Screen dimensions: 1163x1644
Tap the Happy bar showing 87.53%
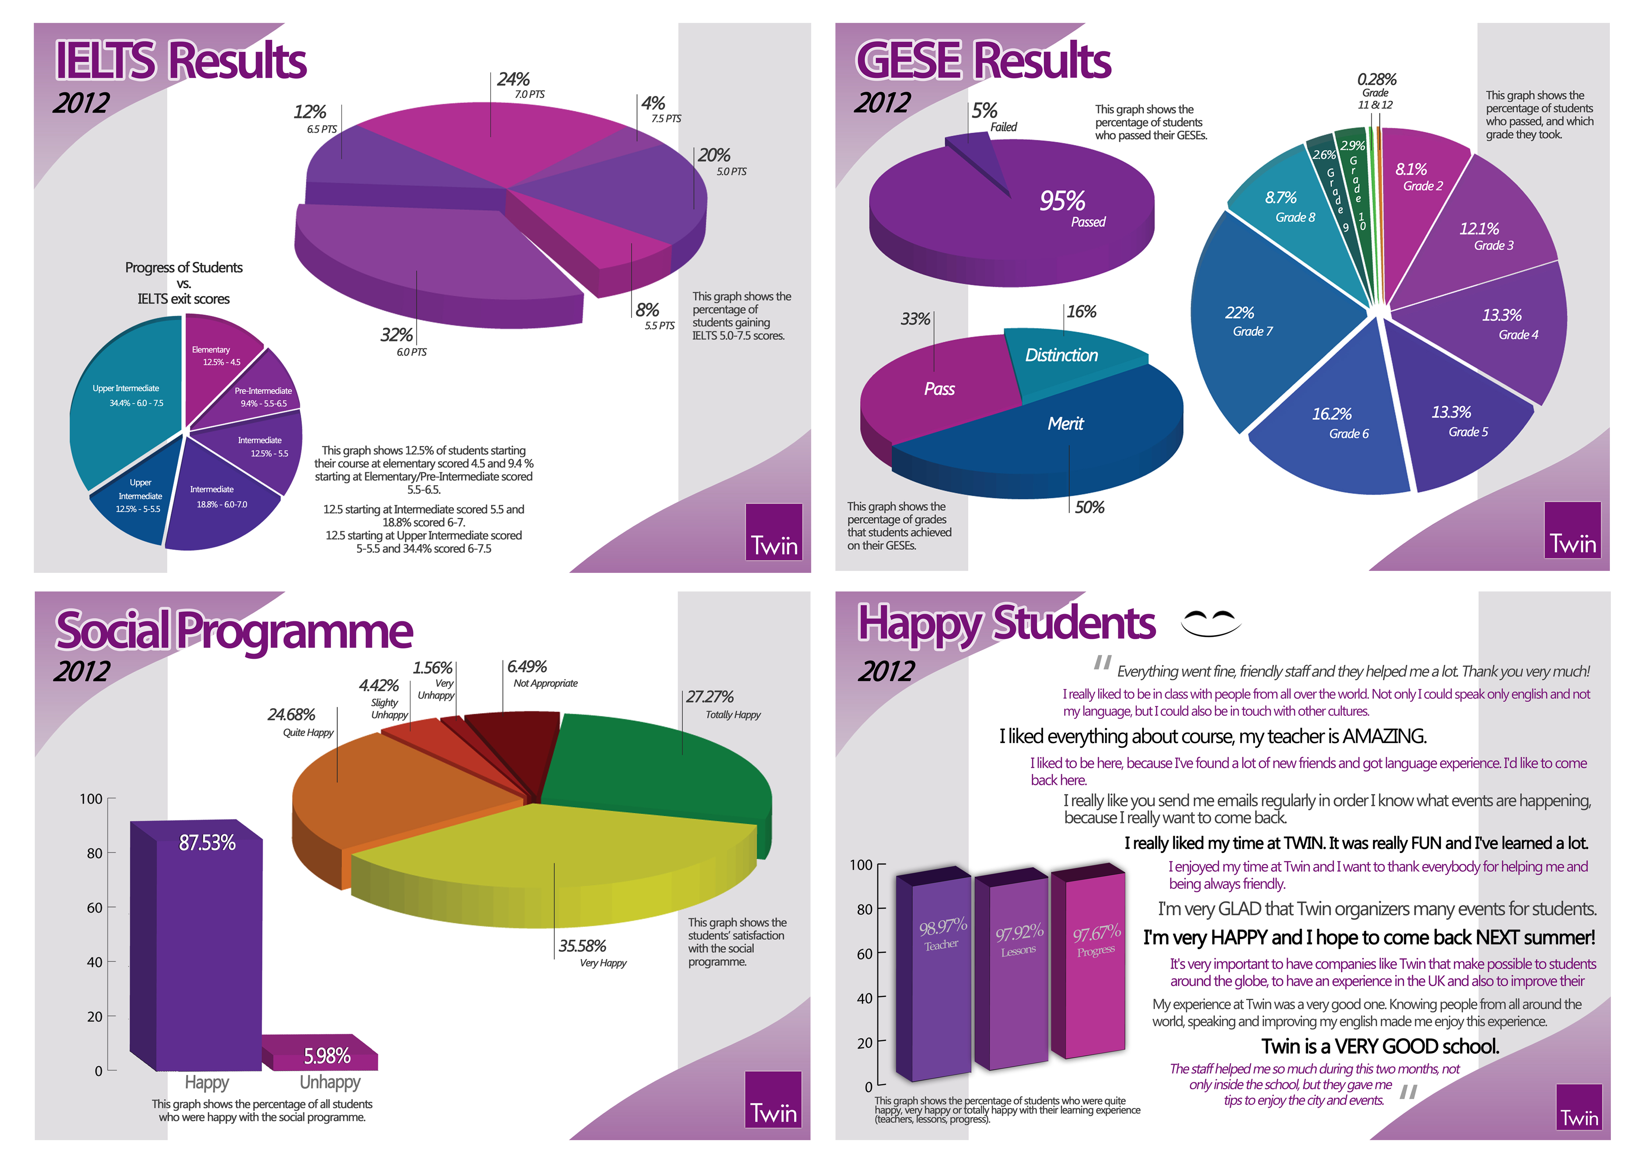pyautogui.click(x=208, y=945)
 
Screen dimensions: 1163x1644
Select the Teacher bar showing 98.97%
pyautogui.click(x=941, y=981)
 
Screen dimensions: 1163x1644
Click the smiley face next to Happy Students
pyautogui.click(x=1210, y=622)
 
